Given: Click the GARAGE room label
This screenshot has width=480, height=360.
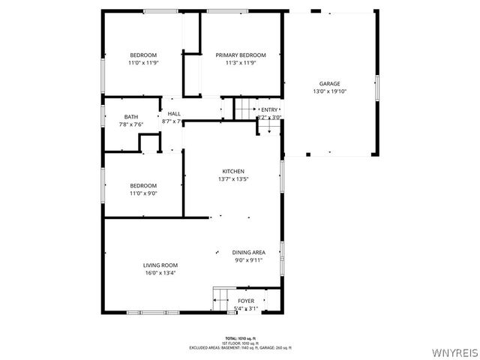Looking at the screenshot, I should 330,83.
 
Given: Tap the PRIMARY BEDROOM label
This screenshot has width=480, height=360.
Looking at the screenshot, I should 241,55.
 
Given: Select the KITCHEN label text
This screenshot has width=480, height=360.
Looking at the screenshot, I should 233,171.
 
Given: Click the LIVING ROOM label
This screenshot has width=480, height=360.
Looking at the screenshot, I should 160,265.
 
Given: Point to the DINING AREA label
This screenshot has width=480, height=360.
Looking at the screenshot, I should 248,252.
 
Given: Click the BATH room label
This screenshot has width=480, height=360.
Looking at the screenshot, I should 131,116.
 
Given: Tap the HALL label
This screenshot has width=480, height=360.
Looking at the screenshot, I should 174,113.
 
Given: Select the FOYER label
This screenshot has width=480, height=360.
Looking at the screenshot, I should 246,301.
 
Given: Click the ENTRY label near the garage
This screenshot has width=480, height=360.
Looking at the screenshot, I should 269,110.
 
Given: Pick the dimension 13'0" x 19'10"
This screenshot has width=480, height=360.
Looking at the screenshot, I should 330,91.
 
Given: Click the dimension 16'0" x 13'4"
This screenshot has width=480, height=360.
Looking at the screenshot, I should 160,273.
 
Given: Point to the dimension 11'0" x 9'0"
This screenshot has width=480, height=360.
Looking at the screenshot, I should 143,193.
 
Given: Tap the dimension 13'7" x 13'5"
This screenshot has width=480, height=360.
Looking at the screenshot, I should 233,179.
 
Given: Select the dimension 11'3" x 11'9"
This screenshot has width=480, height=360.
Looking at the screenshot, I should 241,63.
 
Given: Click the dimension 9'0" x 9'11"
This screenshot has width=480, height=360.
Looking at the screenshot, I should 248,260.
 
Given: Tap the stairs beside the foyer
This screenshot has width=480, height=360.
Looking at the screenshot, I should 220,298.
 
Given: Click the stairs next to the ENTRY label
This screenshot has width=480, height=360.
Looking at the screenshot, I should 245,109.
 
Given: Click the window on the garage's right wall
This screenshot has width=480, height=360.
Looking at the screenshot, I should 377,88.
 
